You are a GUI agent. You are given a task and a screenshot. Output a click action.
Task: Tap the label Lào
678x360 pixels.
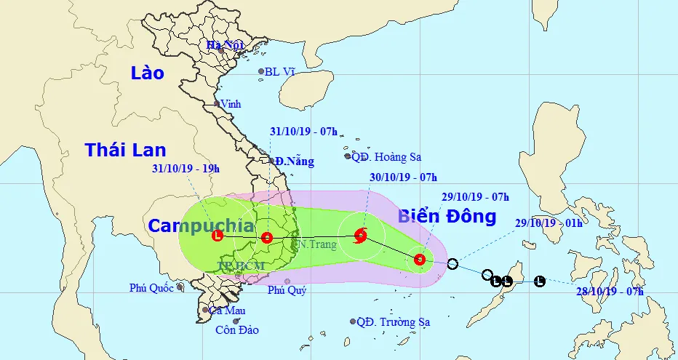[x=148, y=73]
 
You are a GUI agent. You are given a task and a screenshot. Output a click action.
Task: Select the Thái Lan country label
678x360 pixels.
[x=125, y=151]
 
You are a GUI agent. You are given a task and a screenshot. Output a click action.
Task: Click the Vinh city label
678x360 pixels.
[x=230, y=104]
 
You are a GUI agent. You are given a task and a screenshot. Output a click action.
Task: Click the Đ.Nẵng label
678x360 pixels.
[x=294, y=161]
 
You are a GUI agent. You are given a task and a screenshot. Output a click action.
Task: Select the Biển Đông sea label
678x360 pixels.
[x=447, y=216]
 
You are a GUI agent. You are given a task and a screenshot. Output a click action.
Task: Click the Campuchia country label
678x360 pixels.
[x=202, y=225]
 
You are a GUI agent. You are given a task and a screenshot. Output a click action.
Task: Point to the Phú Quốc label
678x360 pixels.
[x=151, y=288]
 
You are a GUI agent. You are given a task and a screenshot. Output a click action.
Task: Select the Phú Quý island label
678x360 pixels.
[x=287, y=291]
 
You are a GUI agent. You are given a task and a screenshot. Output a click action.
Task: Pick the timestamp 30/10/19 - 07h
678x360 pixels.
[x=403, y=177]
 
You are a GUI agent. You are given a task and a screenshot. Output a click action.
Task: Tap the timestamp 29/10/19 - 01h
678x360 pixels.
[x=549, y=223]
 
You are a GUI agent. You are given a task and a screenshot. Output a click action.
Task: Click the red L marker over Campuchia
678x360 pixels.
[x=217, y=235]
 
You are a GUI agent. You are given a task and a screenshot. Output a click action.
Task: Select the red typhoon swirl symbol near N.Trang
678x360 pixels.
[x=360, y=235]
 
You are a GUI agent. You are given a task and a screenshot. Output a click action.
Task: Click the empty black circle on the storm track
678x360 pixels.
[x=452, y=263]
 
